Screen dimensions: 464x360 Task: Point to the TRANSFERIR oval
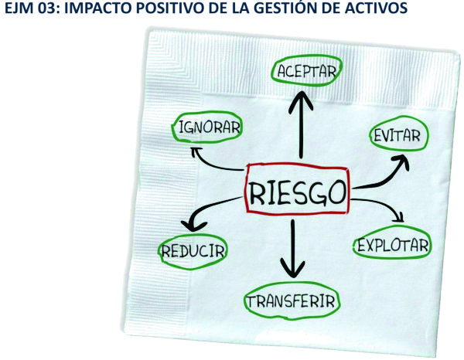292,284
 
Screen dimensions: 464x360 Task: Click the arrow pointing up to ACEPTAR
301,124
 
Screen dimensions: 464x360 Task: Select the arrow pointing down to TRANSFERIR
293,248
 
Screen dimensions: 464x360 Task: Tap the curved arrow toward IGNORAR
210,165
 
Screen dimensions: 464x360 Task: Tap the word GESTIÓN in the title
278,8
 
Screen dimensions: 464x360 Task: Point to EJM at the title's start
20,8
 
